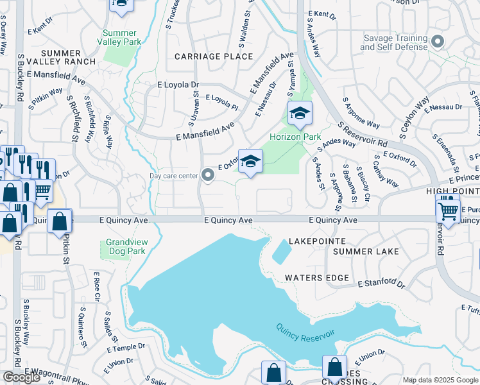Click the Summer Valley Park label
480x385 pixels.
pyautogui.click(x=119, y=37)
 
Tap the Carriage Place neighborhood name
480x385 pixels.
pyautogui.click(x=205, y=56)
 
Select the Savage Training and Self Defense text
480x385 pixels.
pyautogui.click(x=395, y=42)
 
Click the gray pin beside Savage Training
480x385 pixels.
pyautogui.click(x=438, y=42)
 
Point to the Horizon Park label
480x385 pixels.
pyautogui.click(x=295, y=137)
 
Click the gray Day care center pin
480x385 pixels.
pyautogui.click(x=207, y=175)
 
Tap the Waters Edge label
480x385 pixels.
pyautogui.click(x=317, y=278)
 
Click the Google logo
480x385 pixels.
pyautogui.click(x=22, y=377)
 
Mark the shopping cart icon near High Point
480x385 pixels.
pyautogui.click(x=448, y=210)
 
